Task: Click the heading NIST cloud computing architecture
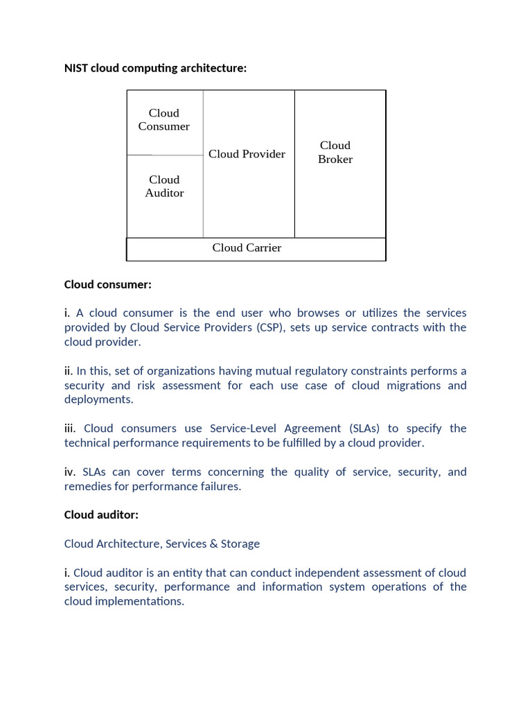pyautogui.click(x=155, y=68)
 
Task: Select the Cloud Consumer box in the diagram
pyautogui.click(x=164, y=120)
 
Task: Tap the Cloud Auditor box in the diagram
pyautogui.click(x=165, y=187)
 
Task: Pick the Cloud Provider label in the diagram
pyautogui.click(x=247, y=154)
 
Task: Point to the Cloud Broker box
pyautogui.click(x=335, y=153)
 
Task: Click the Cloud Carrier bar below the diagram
pyautogui.click(x=247, y=248)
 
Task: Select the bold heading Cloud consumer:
pyautogui.click(x=107, y=284)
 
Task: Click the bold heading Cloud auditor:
pyautogui.click(x=102, y=514)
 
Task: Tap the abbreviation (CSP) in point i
pyautogui.click(x=269, y=327)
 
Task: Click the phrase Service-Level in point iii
pyautogui.click(x=242, y=428)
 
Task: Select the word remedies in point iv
pyautogui.click(x=88, y=486)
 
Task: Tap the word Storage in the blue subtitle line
pyautogui.click(x=240, y=544)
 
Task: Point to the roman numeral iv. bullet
pyautogui.click(x=71, y=472)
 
